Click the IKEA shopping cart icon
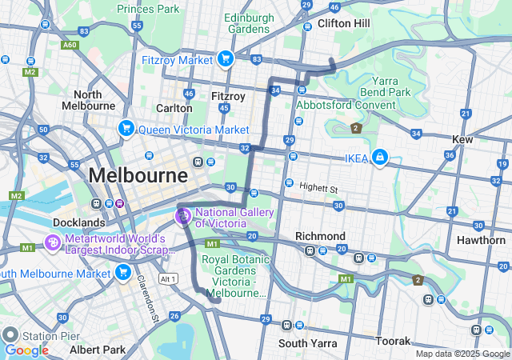[380, 158]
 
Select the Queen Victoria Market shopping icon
[126, 129]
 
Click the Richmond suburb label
[320, 236]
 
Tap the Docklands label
[79, 222]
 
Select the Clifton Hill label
[343, 23]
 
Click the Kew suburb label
[462, 139]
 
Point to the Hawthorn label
[481, 240]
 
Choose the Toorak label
[393, 341]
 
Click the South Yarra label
[303, 343]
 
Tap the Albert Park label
[97, 350]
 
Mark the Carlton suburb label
[174, 108]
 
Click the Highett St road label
[318, 187]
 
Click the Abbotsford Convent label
[346, 105]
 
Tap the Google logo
[26, 350]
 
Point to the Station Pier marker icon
[10, 334]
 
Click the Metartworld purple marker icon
[53, 243]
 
